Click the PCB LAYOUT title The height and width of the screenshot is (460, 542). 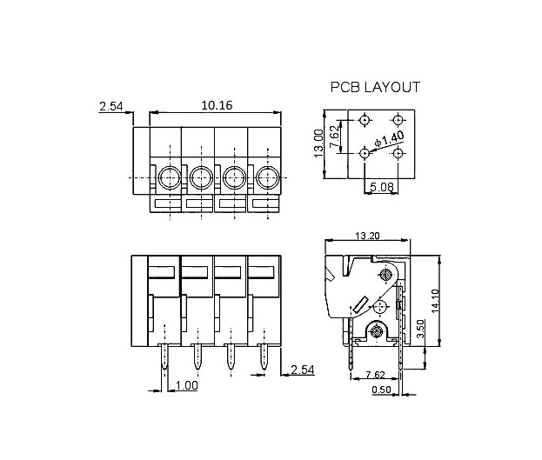click(x=375, y=87)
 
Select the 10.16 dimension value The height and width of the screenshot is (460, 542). click(x=217, y=105)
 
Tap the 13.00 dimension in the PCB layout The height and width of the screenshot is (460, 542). click(x=318, y=143)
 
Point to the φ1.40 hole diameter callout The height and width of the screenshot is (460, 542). click(x=389, y=139)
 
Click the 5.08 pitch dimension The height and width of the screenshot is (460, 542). click(x=382, y=187)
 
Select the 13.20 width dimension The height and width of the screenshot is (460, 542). click(x=367, y=236)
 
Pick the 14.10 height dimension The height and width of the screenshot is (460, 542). click(x=435, y=301)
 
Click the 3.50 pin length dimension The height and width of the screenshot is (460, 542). click(x=420, y=329)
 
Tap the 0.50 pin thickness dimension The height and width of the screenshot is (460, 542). click(x=381, y=390)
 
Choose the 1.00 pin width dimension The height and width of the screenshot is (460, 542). click(x=187, y=385)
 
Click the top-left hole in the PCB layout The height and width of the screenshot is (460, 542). click(x=365, y=120)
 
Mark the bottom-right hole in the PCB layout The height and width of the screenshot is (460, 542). click(x=398, y=153)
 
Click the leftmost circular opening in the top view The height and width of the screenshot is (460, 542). click(x=170, y=177)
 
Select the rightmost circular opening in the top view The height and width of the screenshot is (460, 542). click(x=268, y=177)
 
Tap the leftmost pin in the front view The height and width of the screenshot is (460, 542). click(x=164, y=357)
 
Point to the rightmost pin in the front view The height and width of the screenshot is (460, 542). click(x=264, y=357)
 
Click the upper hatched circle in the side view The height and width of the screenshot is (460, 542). click(x=385, y=275)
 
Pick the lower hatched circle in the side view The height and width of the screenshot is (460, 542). click(x=376, y=332)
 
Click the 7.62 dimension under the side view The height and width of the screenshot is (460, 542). click(x=375, y=375)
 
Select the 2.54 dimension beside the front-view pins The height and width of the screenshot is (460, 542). click(x=303, y=370)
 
